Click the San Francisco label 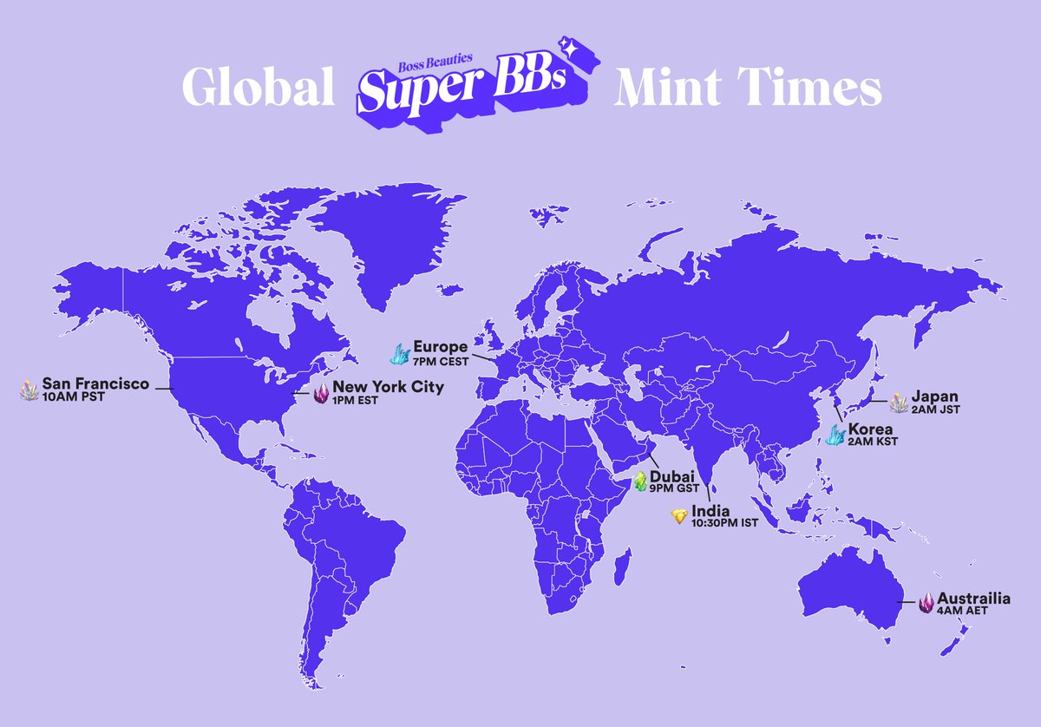pyautogui.click(x=95, y=383)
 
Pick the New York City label pyautogui.click(x=388, y=387)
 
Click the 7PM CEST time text pyautogui.click(x=442, y=360)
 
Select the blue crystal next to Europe pyautogui.click(x=400, y=353)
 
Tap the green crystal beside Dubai pyautogui.click(x=639, y=481)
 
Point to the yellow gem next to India pyautogui.click(x=680, y=516)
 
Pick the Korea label pyautogui.click(x=872, y=429)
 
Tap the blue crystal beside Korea pyautogui.click(x=835, y=435)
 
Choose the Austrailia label pyautogui.click(x=972, y=599)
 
